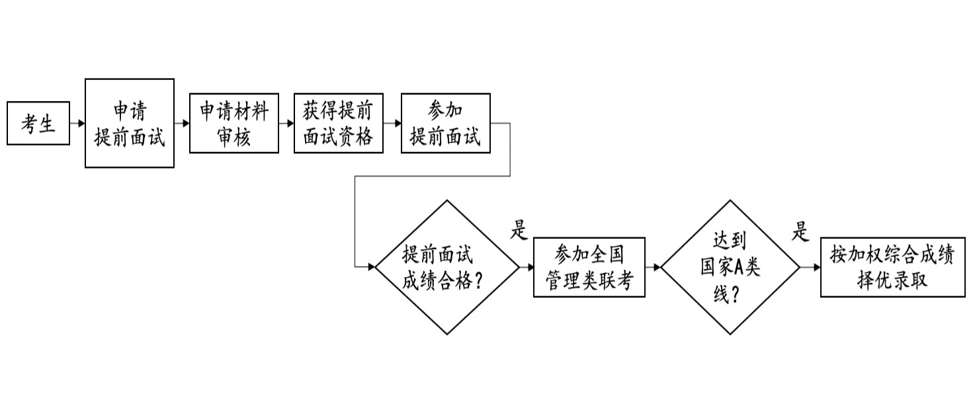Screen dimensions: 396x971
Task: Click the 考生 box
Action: click(38, 124)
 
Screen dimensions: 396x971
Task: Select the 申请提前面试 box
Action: click(130, 124)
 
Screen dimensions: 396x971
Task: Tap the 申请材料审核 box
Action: click(234, 124)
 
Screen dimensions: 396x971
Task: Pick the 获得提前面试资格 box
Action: click(339, 124)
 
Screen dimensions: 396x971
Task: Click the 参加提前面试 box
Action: click(446, 124)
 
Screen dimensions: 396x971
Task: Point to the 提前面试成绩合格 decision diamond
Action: click(447, 267)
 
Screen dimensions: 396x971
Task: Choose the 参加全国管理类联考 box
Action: click(589, 267)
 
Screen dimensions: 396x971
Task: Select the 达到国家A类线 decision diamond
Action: click(730, 267)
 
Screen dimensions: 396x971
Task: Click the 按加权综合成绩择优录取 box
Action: click(893, 267)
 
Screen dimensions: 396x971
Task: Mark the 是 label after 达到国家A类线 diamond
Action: click(800, 231)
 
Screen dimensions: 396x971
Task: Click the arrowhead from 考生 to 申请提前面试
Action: click(81, 124)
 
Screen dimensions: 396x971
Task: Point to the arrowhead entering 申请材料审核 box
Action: click(186, 124)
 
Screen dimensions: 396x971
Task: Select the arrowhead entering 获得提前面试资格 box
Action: click(290, 124)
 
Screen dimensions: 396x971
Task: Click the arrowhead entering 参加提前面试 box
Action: click(398, 124)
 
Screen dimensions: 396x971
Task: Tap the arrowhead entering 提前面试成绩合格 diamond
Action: click(371, 267)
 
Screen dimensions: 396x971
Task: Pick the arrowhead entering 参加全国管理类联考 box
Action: click(530, 267)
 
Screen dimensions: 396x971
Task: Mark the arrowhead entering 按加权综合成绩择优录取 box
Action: click(817, 267)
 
